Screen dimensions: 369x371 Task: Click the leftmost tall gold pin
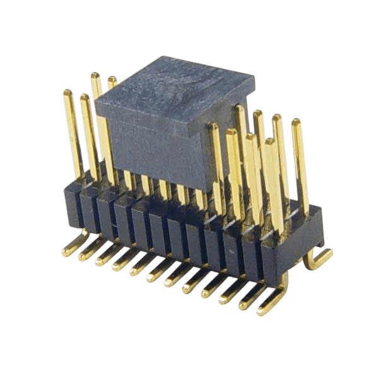[x=73, y=133]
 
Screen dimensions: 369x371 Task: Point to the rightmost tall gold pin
[x=300, y=164]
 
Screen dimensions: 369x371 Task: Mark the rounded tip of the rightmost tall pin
[x=296, y=121]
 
